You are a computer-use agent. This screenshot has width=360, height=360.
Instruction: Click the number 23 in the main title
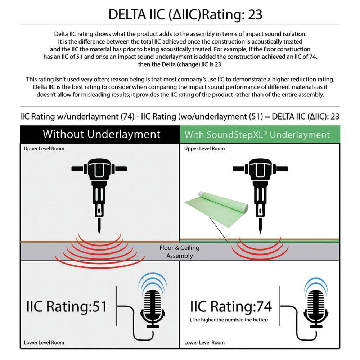pyautogui.click(x=255, y=14)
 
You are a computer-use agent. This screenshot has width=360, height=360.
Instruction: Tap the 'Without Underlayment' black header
pyautogui.click(x=100, y=134)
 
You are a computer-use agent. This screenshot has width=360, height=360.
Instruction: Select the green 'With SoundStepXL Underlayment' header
pyautogui.click(x=260, y=135)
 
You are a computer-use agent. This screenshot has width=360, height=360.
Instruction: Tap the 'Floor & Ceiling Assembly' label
pyautogui.click(x=180, y=252)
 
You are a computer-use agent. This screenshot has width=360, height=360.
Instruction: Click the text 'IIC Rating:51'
pyautogui.click(x=67, y=306)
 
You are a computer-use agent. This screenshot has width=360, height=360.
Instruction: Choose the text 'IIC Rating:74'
pyautogui.click(x=231, y=306)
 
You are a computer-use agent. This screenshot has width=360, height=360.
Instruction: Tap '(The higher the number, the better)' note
pyautogui.click(x=229, y=320)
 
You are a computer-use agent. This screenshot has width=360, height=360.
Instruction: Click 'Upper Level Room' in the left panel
pyautogui.click(x=44, y=149)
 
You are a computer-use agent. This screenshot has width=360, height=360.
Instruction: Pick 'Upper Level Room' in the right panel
pyautogui.click(x=204, y=149)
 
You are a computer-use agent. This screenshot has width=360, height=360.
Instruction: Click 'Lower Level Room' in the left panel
pyautogui.click(x=44, y=342)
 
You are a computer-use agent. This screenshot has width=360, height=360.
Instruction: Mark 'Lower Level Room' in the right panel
pyautogui.click(x=204, y=342)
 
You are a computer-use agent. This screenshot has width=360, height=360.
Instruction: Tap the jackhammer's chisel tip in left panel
pyautogui.click(x=99, y=234)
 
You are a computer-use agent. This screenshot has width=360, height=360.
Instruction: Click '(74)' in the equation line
pyautogui.click(x=128, y=117)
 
